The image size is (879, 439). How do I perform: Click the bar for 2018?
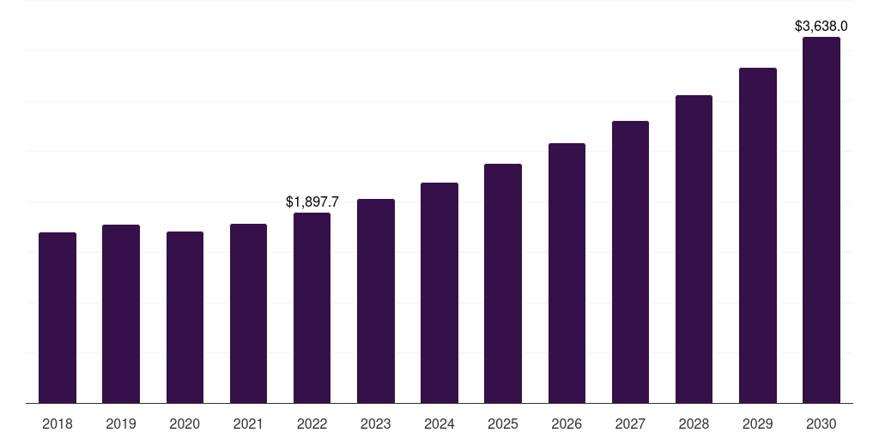pyautogui.click(x=58, y=317)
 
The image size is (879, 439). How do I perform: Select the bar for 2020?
pyautogui.click(x=185, y=317)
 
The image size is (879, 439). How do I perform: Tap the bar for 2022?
pyautogui.click(x=312, y=308)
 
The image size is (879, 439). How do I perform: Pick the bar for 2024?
pyautogui.click(x=439, y=292)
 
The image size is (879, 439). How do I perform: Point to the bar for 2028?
pyautogui.click(x=694, y=249)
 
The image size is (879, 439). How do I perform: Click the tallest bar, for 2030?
pyautogui.click(x=821, y=219)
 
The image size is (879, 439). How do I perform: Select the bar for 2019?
pyautogui.click(x=121, y=314)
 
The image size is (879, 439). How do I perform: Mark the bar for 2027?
pyautogui.click(x=630, y=262)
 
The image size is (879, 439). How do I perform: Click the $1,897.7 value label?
pyautogui.click(x=312, y=202)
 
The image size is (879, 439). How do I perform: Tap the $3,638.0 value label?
pyautogui.click(x=821, y=27)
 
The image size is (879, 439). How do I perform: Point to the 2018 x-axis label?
pyautogui.click(x=58, y=424)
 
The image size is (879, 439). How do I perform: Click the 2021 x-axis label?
pyautogui.click(x=248, y=424)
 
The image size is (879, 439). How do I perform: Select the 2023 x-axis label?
pyautogui.click(x=376, y=424)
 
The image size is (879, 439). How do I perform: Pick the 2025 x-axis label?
pyautogui.click(x=503, y=424)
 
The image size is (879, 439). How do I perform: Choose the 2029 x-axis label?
pyautogui.click(x=758, y=424)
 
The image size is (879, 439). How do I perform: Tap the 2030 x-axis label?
pyautogui.click(x=821, y=424)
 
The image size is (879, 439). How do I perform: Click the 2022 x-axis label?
pyautogui.click(x=312, y=424)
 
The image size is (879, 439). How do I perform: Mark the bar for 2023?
pyautogui.click(x=376, y=301)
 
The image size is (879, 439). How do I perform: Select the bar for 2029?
pyautogui.click(x=758, y=235)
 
